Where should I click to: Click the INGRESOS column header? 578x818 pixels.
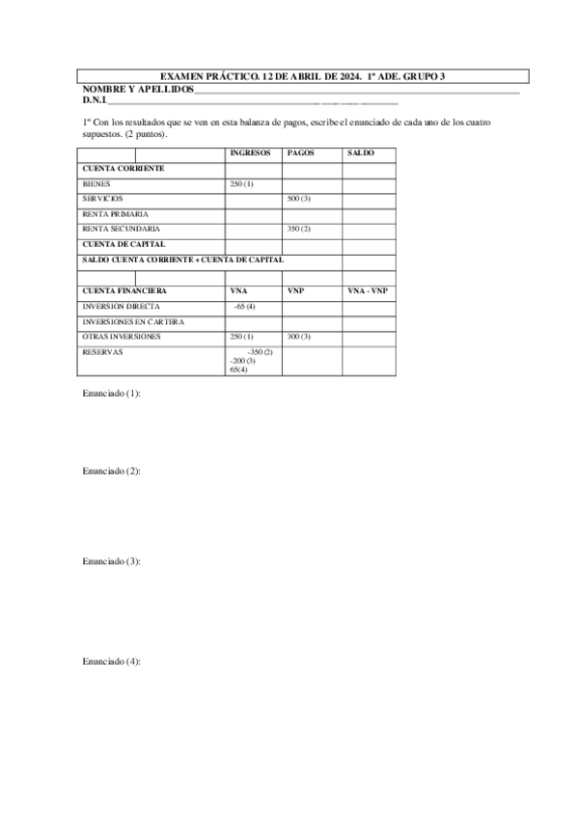pyautogui.click(x=249, y=153)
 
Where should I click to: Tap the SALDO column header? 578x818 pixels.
pyautogui.click(x=361, y=153)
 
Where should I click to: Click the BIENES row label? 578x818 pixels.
pyautogui.click(x=96, y=183)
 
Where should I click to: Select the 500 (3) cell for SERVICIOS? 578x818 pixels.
pyautogui.click(x=299, y=199)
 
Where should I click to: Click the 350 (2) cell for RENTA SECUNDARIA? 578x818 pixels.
pyautogui.click(x=299, y=229)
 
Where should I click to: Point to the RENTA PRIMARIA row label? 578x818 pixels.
pyautogui.click(x=116, y=213)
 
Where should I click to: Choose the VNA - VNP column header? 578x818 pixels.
pyautogui.click(x=367, y=290)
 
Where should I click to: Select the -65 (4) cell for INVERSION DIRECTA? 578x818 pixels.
pyautogui.click(x=245, y=306)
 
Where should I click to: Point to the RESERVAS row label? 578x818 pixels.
pyautogui.click(x=102, y=352)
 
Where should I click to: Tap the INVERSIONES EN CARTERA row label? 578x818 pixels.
pyautogui.click(x=133, y=321)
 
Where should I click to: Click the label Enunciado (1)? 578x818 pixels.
pyautogui.click(x=112, y=394)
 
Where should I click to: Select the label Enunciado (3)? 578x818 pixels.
pyautogui.click(x=112, y=561)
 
